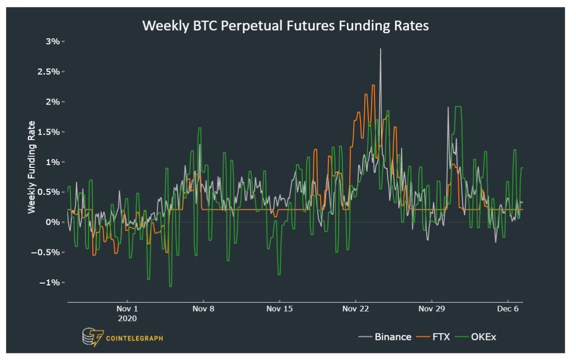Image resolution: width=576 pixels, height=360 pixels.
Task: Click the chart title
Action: (285, 26)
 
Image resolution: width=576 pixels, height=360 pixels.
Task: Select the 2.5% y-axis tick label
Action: (49, 72)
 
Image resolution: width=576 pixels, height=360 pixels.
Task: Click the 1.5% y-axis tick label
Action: (49, 132)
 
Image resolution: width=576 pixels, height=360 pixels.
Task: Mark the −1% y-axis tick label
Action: (51, 283)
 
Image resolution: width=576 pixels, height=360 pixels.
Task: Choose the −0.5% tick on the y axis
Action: (47, 252)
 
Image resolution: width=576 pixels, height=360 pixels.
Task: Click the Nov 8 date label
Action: (203, 309)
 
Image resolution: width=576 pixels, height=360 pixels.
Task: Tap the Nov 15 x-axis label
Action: (279, 309)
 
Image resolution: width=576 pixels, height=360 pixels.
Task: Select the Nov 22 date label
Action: (355, 309)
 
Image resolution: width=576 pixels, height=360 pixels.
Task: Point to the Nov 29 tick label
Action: (431, 309)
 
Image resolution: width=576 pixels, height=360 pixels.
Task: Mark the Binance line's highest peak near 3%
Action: (381, 49)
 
